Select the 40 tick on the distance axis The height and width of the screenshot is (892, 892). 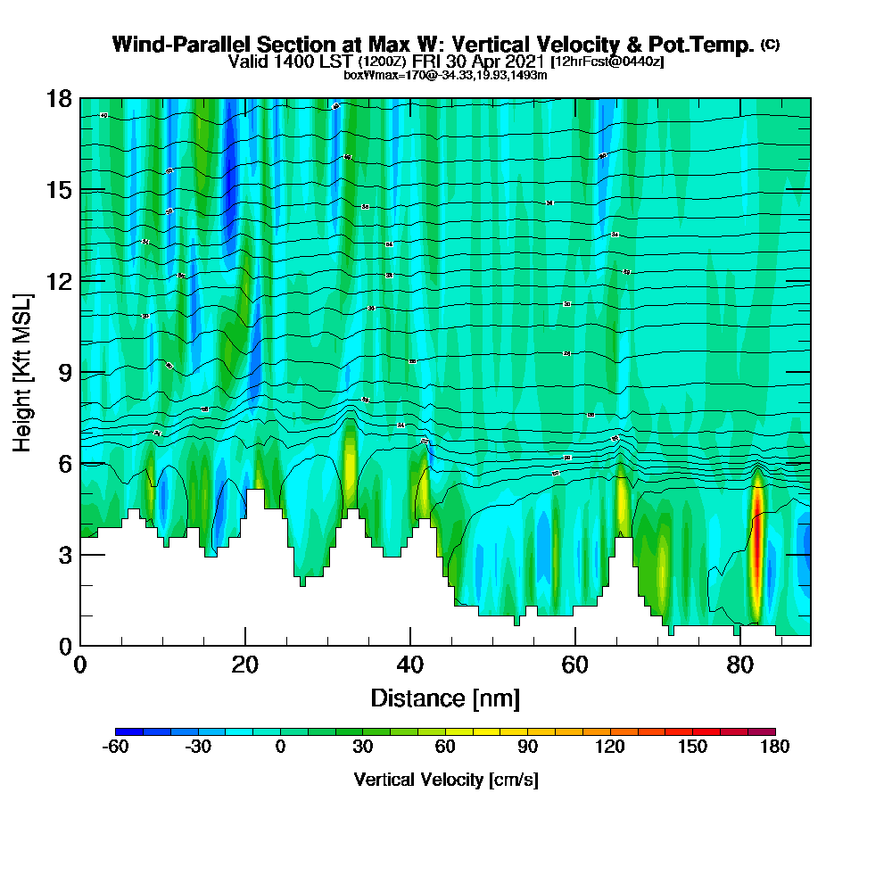(410, 665)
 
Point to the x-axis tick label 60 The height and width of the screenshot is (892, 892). (575, 665)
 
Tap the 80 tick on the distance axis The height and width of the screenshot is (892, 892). (740, 665)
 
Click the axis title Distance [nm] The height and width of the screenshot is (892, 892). (445, 698)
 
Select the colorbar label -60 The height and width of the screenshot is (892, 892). (116, 747)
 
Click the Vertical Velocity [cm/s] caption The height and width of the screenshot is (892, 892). (445, 780)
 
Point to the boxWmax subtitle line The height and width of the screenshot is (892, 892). (445, 76)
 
